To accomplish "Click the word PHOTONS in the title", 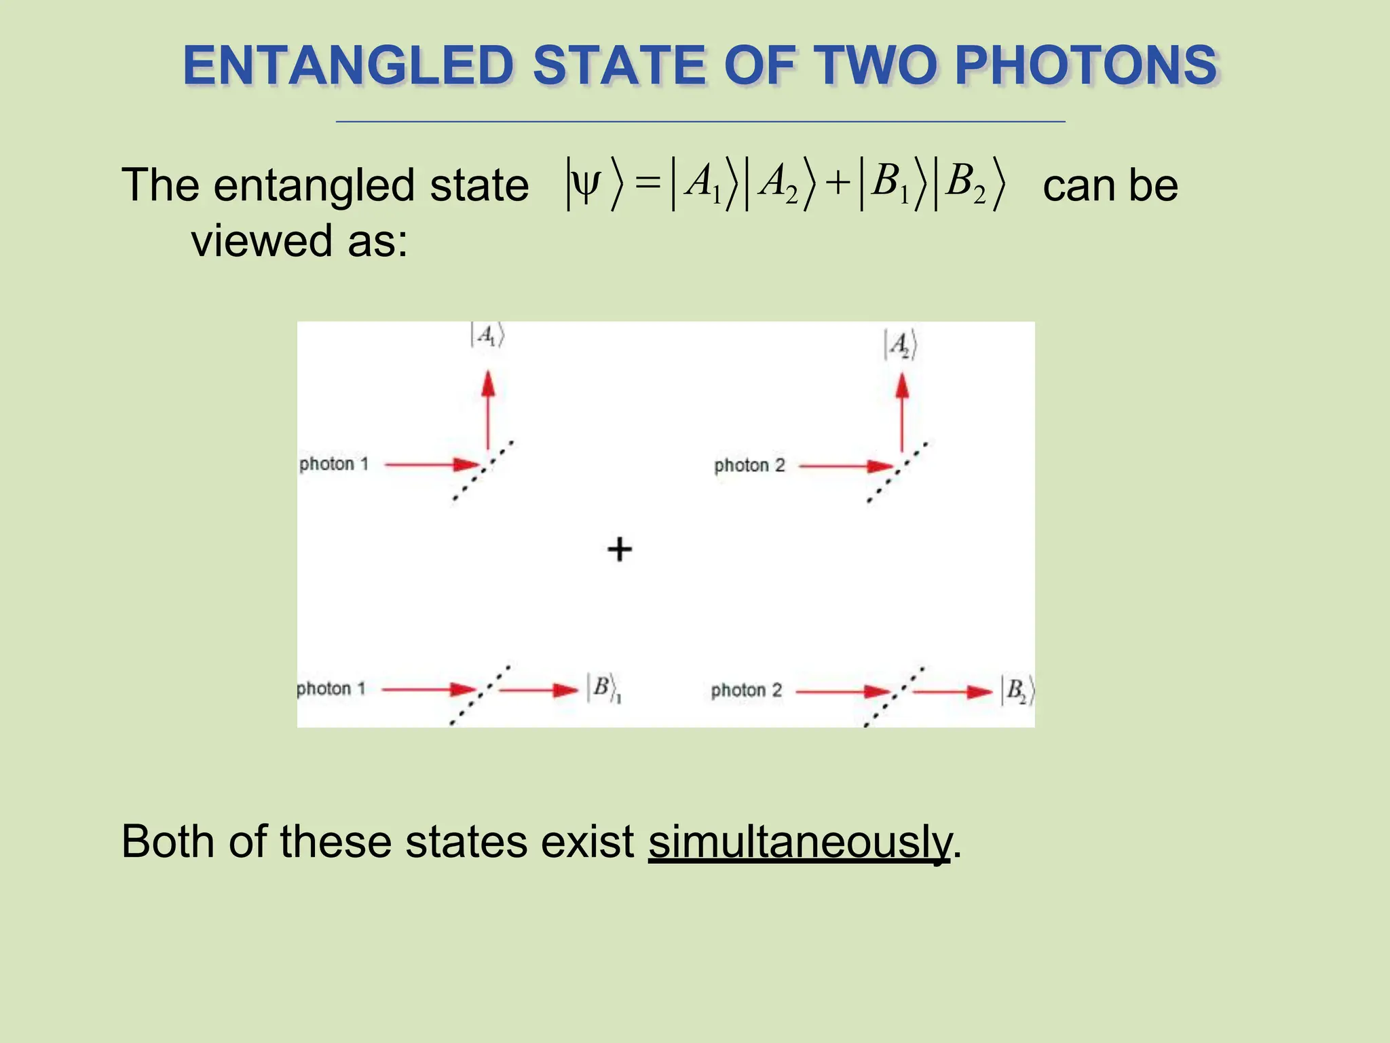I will click(1086, 66).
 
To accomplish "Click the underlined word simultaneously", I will click(800, 842).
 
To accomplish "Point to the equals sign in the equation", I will click(647, 184).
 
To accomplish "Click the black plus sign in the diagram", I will click(619, 549).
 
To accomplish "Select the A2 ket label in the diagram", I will click(901, 345).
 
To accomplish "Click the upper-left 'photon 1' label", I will click(334, 464).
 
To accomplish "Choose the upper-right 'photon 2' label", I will click(749, 466).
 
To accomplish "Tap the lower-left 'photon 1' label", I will click(331, 689).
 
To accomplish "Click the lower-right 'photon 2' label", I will click(747, 691).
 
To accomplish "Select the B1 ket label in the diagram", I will click(604, 689).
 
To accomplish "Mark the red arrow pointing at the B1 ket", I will click(538, 690).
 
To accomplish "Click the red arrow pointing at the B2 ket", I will click(953, 692).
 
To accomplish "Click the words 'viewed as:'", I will click(299, 240).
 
